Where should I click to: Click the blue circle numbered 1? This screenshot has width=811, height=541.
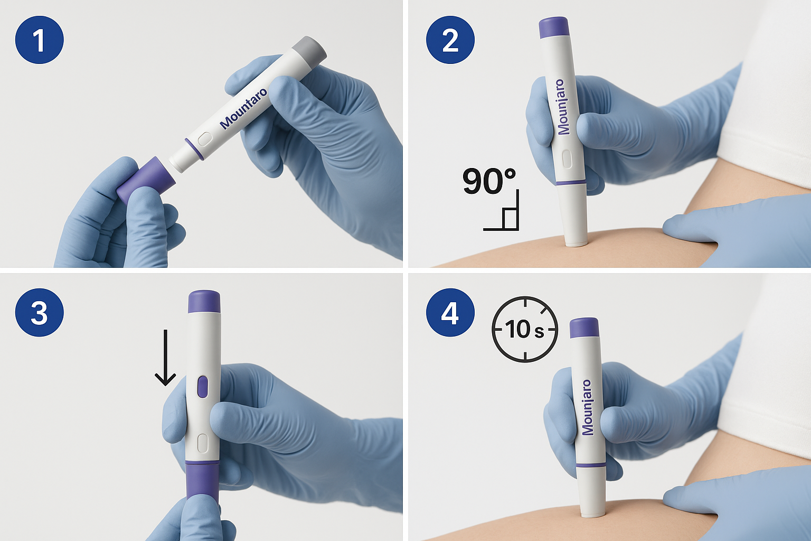39,40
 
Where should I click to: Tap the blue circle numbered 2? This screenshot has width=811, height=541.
450,40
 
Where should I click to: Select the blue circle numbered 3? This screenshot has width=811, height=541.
39,312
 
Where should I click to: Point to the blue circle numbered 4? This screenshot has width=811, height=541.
450,312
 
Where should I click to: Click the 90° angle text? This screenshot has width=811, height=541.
489,181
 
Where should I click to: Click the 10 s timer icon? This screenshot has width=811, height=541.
525,329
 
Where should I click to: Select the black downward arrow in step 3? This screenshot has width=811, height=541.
165,358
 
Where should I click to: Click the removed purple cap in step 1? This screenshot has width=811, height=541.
146,180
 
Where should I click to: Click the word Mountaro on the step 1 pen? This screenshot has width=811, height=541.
243,109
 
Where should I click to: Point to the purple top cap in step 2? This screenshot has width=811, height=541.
554,27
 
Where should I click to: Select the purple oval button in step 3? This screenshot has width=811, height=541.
203,387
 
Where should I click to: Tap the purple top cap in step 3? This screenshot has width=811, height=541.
204,302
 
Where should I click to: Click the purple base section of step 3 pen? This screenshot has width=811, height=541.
203,481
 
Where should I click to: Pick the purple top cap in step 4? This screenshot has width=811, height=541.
584,328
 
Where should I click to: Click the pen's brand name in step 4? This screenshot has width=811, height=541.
587,407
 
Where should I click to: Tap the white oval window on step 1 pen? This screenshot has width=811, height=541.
204,139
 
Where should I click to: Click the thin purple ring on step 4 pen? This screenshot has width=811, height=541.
591,465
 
